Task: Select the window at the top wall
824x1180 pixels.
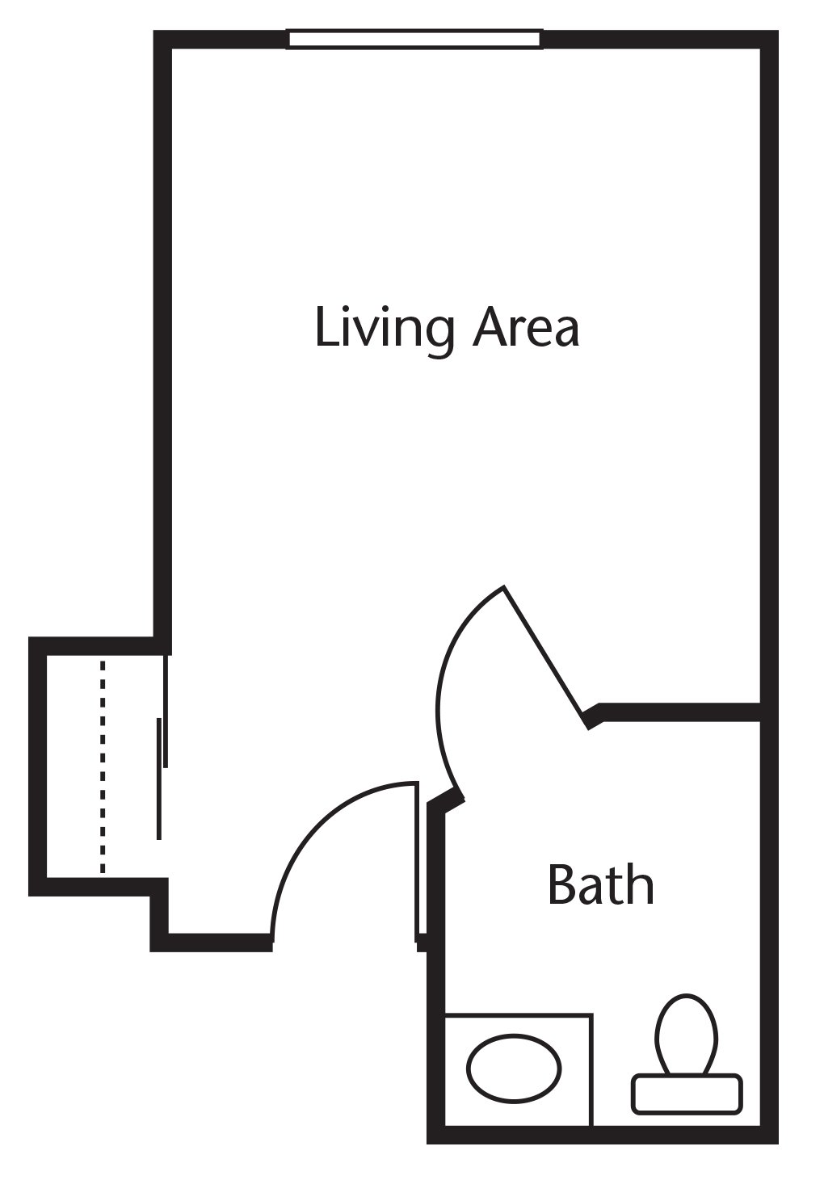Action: coord(414,39)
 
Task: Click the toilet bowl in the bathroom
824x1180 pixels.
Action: coord(687,1033)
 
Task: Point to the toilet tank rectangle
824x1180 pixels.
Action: coord(687,1094)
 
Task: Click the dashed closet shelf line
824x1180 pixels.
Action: coord(103,767)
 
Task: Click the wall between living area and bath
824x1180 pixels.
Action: coord(679,712)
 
